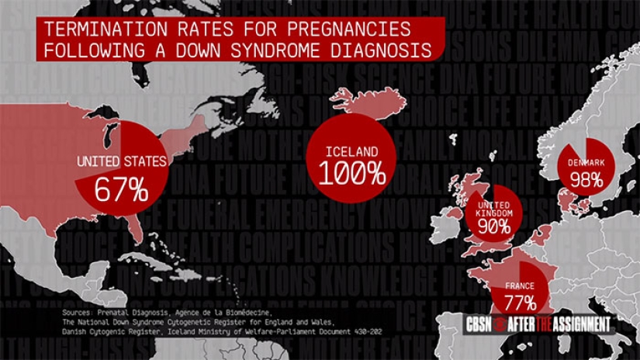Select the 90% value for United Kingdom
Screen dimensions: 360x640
[494, 227]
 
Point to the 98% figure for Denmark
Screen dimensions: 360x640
[586, 180]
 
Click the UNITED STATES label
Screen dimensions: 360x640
[121, 162]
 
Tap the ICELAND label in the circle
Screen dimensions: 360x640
[351, 151]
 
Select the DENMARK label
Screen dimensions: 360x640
[585, 162]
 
